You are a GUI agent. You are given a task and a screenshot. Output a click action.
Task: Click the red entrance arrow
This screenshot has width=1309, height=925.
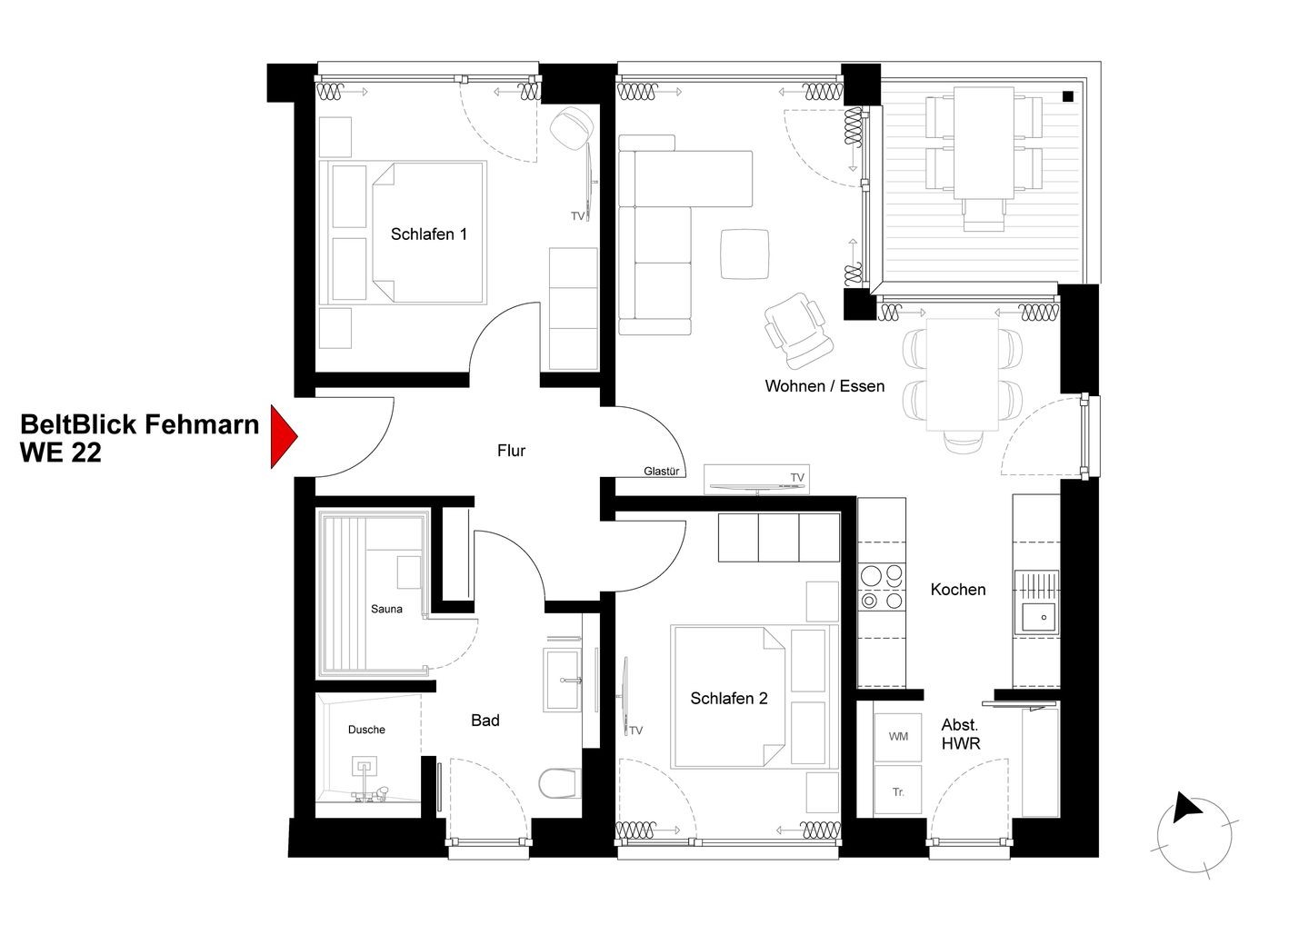tap(283, 436)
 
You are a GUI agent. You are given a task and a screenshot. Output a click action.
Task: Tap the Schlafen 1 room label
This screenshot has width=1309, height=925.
tap(428, 234)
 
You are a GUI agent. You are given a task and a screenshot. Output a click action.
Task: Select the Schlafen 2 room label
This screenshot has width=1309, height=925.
tap(729, 699)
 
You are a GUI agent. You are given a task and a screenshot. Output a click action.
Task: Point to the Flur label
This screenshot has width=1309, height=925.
tap(511, 451)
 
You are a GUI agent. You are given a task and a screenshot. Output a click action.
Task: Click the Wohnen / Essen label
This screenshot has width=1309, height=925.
tap(824, 386)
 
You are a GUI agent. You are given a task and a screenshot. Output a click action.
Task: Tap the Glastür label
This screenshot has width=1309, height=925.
tap(661, 472)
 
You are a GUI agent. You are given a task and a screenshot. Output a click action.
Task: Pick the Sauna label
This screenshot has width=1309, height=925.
tap(386, 609)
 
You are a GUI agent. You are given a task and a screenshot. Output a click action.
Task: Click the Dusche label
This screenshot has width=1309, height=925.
tap(366, 730)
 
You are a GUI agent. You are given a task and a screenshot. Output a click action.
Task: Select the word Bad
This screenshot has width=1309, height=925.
tap(485, 721)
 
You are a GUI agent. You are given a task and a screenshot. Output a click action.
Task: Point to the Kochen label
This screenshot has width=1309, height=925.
tap(958, 590)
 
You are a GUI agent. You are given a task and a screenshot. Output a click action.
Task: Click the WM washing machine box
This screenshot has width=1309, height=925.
tap(898, 737)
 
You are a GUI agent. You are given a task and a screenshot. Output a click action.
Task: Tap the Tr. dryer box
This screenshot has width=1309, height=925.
tap(898, 791)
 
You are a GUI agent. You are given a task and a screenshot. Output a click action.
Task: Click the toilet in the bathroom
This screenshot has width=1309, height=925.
tap(559, 783)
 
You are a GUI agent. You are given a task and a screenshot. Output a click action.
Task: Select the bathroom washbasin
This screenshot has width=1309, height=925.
tap(563, 680)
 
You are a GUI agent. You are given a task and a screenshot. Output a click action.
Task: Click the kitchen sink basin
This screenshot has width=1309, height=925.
tap(1039, 618)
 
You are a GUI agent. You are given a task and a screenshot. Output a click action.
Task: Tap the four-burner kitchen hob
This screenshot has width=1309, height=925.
tap(882, 588)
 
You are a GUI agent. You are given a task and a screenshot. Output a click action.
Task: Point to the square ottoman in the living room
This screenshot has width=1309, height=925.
tap(744, 254)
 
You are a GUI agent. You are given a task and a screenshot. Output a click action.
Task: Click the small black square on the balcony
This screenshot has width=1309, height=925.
tap(1067, 97)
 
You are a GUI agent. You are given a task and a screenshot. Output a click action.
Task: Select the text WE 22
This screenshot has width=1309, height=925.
tap(60, 453)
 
